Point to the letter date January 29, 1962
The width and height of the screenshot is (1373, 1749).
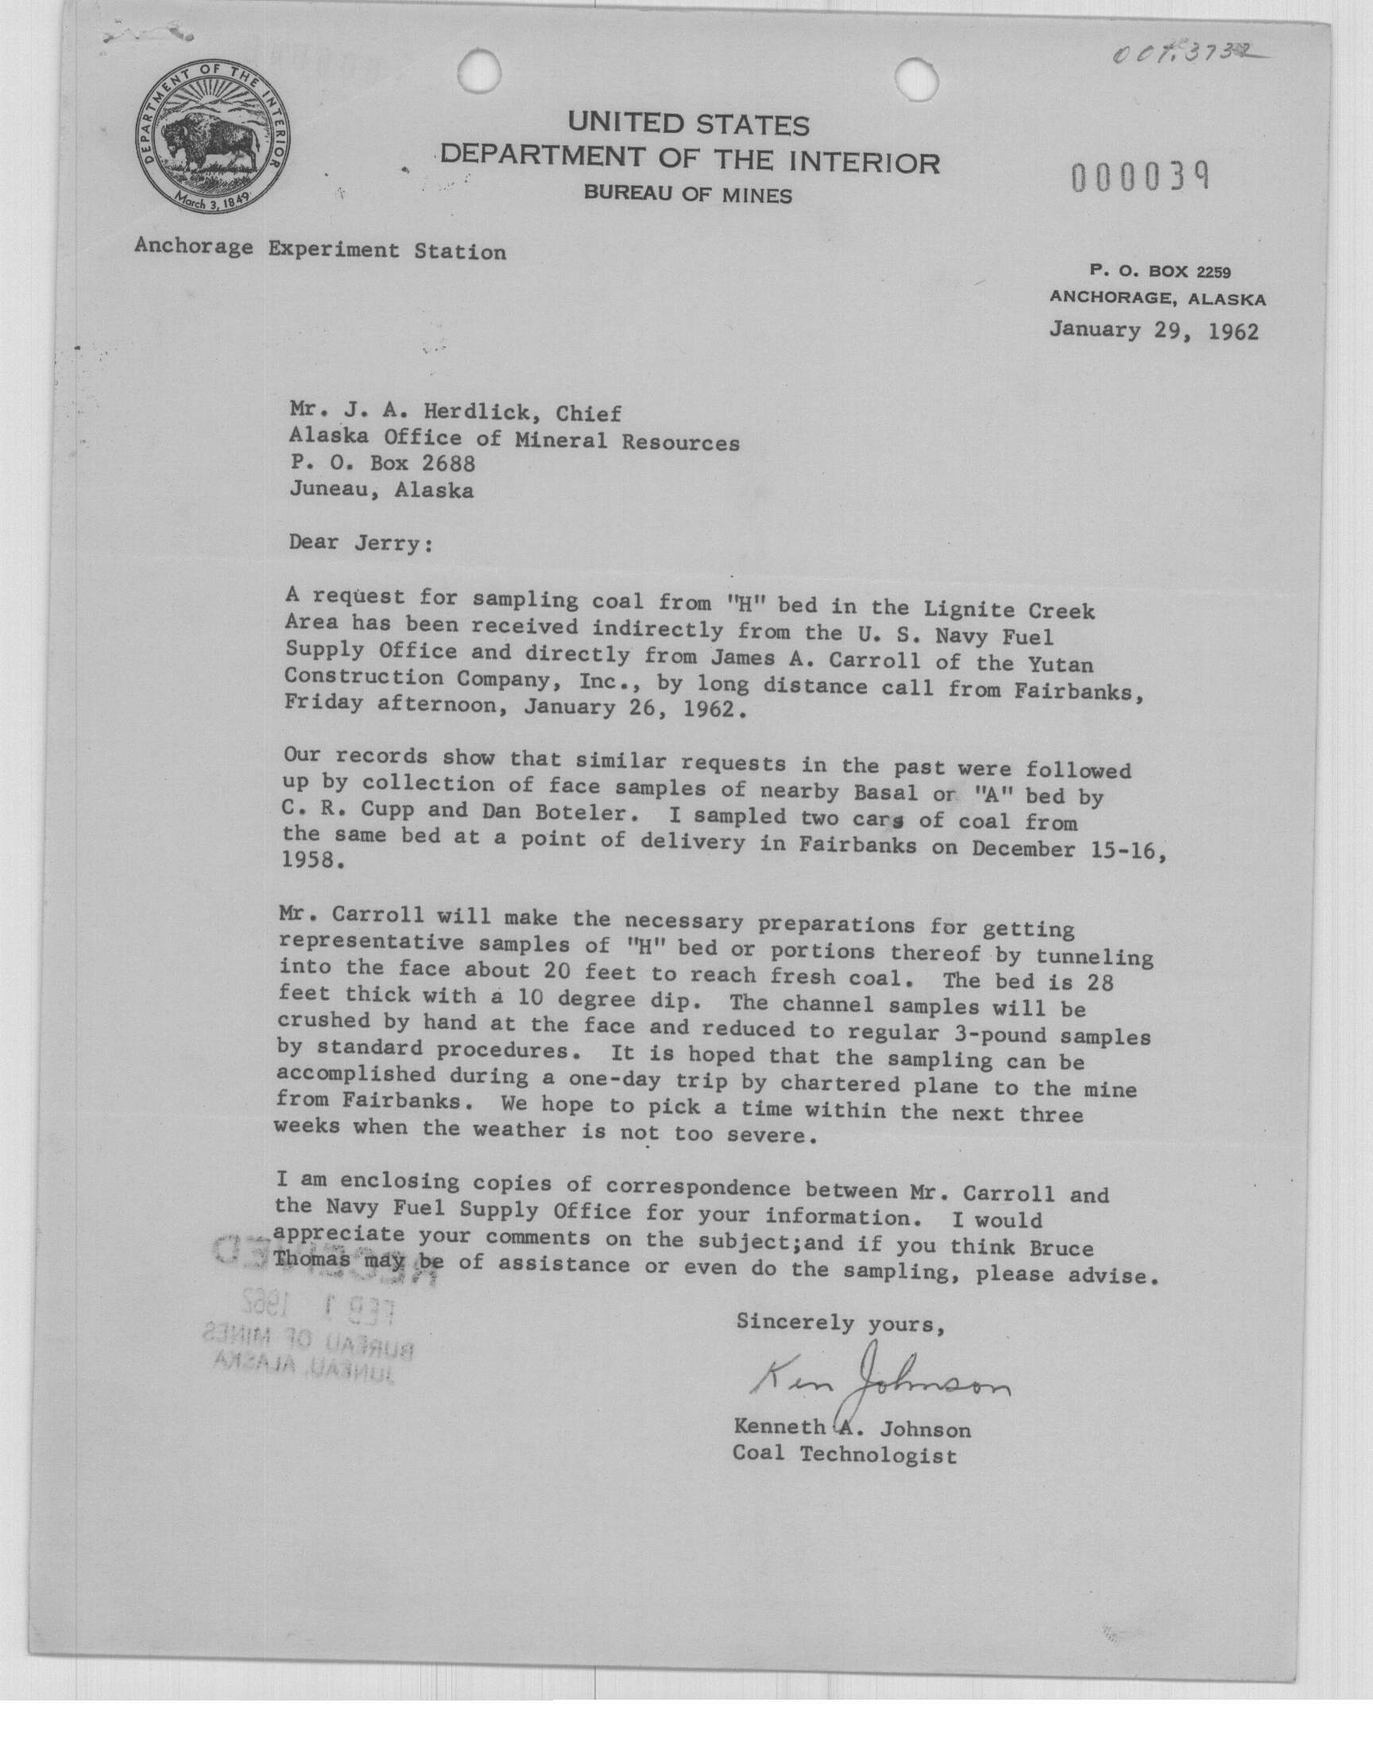(1154, 331)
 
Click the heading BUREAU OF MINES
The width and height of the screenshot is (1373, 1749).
(687, 195)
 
